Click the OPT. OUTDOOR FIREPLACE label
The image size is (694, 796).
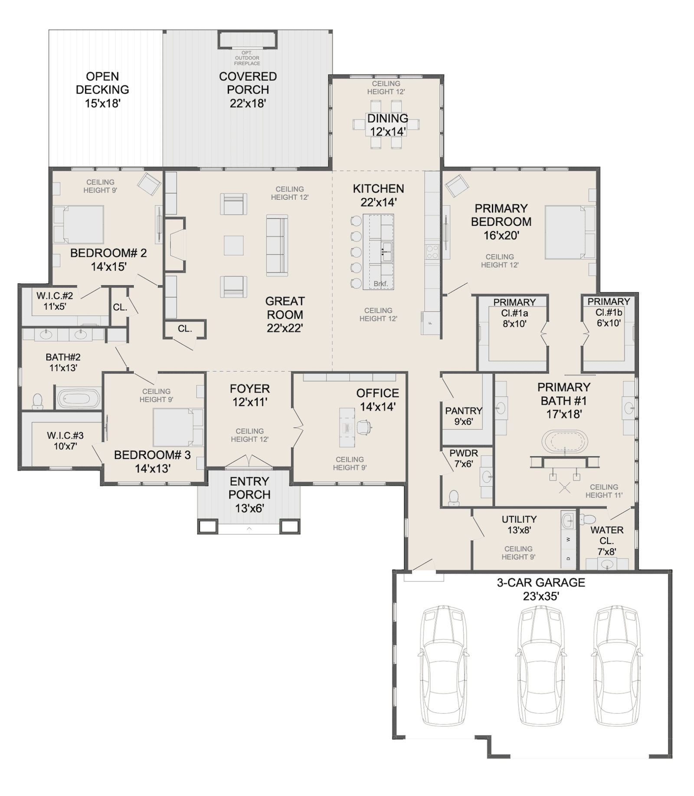point(247,58)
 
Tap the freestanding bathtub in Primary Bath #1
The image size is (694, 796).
point(564,442)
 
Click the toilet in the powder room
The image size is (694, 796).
point(454,498)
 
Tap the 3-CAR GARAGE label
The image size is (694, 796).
point(541,583)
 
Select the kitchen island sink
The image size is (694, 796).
point(387,251)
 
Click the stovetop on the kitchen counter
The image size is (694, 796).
point(432,252)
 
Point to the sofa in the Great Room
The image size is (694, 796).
point(277,246)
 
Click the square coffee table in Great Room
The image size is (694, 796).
point(234,246)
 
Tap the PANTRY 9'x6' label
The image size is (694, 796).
point(464,416)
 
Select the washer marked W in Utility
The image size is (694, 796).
point(568,540)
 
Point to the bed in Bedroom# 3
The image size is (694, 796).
point(178,427)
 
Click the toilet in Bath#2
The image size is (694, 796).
point(38,401)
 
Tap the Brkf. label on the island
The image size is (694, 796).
point(380,284)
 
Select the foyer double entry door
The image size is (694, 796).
point(249,462)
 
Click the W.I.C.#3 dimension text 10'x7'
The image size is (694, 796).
point(65,446)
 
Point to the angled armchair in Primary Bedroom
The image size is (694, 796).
point(456,186)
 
